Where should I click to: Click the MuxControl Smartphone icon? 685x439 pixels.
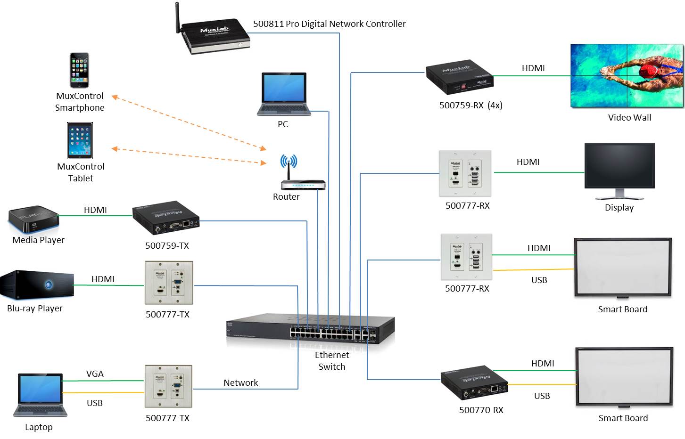[x=79, y=70]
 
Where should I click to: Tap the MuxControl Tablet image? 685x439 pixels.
[x=80, y=140]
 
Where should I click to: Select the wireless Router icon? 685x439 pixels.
[x=303, y=184]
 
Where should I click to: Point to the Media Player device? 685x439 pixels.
[x=33, y=219]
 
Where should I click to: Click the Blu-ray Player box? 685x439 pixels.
[x=37, y=285]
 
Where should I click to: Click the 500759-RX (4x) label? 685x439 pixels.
[x=470, y=105]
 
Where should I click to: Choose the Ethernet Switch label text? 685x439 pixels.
[x=332, y=361]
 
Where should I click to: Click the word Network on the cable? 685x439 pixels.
[x=240, y=382]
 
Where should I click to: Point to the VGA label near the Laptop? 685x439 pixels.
[x=95, y=374]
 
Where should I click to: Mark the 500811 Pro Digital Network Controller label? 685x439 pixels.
[x=329, y=24]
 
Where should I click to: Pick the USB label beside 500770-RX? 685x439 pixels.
[x=542, y=396]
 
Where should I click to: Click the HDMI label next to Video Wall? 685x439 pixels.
[x=533, y=68]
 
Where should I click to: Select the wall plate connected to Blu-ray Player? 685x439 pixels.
[x=169, y=283]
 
